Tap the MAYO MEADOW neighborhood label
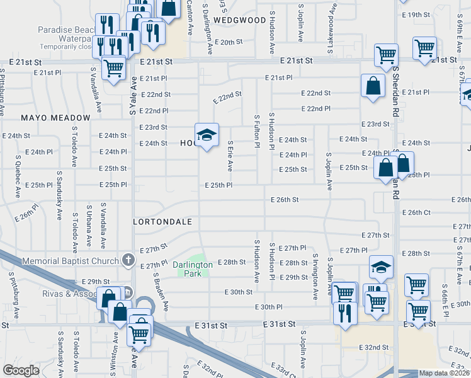pos(55,118)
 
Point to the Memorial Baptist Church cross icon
pos(128,260)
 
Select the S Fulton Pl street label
pos(257,131)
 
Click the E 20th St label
pos(228,42)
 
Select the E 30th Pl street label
pos(269,307)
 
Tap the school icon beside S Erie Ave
pos(206,135)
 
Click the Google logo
pos(21,370)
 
